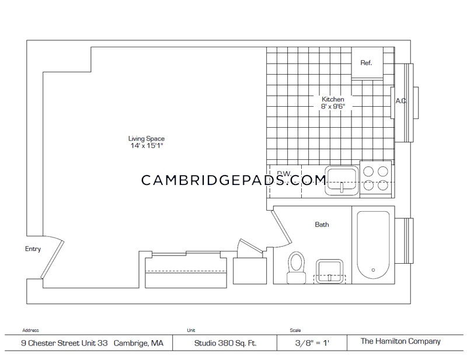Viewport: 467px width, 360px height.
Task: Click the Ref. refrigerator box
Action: pos(367,63)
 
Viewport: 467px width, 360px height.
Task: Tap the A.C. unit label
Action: pos(400,101)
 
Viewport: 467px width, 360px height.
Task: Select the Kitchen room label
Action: pos(333,99)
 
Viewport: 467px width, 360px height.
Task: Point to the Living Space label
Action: pos(147,138)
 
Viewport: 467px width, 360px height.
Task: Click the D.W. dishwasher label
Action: pos(284,173)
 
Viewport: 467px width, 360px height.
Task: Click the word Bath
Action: pos(322,224)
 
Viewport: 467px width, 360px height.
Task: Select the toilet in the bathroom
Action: pos(297,267)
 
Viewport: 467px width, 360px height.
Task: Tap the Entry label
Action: pos(33,249)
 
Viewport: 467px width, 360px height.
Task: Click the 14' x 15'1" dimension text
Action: pos(147,145)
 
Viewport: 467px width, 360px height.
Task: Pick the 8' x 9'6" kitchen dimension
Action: pos(333,107)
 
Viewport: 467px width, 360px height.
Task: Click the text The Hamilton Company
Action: pos(400,342)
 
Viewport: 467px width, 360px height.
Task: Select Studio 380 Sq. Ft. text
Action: pos(225,343)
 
